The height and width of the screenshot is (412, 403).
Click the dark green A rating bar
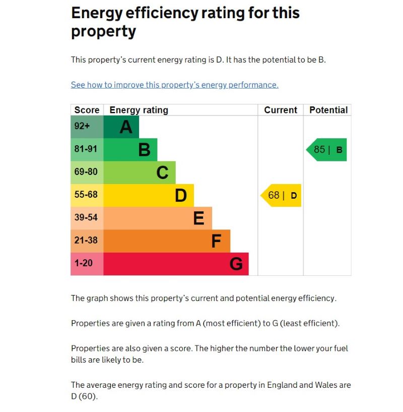tap(121, 127)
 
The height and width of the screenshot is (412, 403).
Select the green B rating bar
tap(130, 149)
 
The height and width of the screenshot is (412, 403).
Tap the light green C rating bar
tap(140, 172)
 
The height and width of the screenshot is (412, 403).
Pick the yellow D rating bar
tap(149, 195)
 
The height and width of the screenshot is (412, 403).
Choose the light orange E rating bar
tap(158, 218)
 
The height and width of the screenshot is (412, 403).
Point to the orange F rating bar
tap(167, 241)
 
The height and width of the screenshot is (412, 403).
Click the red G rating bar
tap(176, 264)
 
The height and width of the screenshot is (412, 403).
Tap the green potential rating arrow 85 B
tap(327, 150)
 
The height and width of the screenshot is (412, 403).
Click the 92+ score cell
tap(87, 127)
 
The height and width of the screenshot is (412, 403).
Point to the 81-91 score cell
tap(87, 149)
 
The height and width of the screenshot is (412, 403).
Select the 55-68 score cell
tap(87, 195)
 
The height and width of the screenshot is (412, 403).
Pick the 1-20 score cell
tap(87, 264)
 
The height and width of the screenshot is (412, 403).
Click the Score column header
tap(87, 110)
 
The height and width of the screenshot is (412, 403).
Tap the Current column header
tap(281, 110)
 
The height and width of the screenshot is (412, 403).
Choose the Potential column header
tap(328, 110)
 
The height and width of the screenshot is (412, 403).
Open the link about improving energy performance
tap(174, 85)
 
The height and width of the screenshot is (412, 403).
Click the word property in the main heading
tap(104, 31)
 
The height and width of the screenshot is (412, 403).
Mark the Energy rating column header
tap(139, 110)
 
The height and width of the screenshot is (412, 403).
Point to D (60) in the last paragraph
tap(84, 396)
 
